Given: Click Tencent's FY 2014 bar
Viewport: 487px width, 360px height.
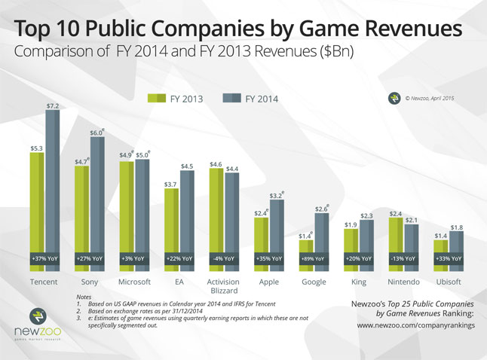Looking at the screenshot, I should [53, 188].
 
